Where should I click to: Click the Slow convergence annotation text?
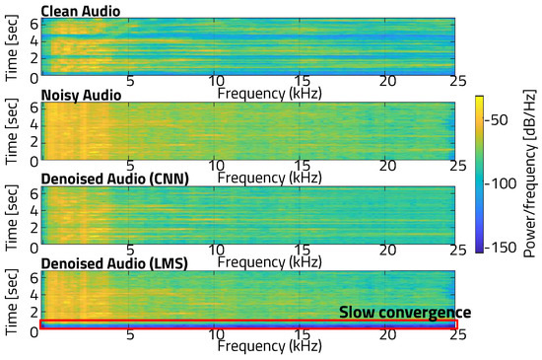405,312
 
